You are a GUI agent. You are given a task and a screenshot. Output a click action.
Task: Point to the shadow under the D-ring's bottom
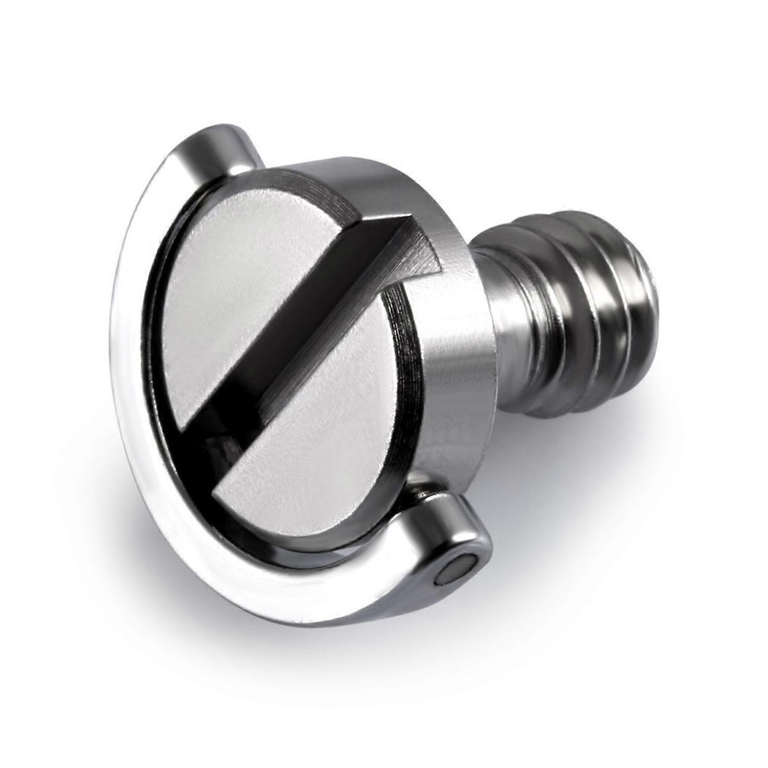[x=336, y=638]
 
